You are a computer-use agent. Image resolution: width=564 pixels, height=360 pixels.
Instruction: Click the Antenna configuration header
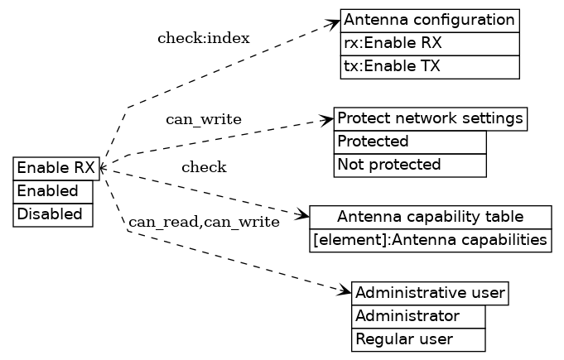tap(429, 20)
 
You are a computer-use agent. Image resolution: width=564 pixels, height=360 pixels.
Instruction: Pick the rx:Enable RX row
tap(429, 43)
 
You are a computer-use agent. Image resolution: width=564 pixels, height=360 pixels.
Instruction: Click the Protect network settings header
tap(430, 118)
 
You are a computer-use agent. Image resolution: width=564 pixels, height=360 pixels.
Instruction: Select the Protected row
tap(409, 142)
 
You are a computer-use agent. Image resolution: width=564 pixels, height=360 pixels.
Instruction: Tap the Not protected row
tap(409, 165)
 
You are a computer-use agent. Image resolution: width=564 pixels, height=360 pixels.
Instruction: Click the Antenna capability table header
tap(430, 217)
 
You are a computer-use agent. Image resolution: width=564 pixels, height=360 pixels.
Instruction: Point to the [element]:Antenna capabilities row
tap(430, 240)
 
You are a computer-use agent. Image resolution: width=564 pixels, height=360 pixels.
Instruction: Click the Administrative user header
tap(429, 293)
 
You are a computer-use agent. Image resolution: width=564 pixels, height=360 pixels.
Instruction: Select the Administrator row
tap(417, 316)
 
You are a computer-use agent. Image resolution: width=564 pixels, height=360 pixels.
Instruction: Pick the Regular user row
tap(417, 339)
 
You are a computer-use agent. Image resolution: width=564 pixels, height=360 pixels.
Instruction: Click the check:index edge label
tap(203, 38)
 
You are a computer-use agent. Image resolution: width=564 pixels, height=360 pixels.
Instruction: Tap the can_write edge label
tap(204, 120)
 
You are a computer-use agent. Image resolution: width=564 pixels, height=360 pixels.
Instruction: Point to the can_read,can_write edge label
tap(204, 222)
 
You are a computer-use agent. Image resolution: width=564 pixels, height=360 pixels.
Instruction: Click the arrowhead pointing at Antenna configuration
tap(335, 23)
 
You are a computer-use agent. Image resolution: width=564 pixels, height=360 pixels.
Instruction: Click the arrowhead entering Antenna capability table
tap(304, 217)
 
